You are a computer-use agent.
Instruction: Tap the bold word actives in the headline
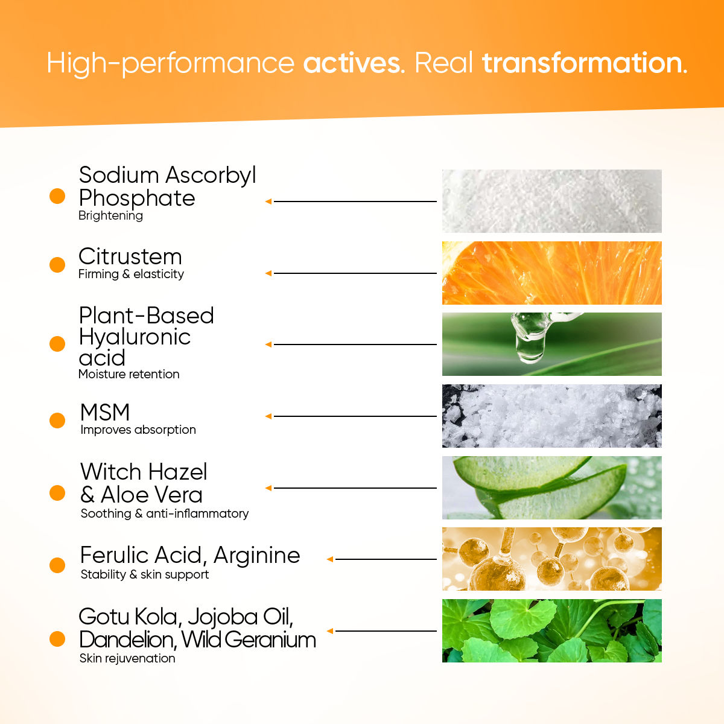coord(352,63)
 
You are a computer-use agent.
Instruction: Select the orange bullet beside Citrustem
coord(57,264)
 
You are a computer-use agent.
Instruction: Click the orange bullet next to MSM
coord(57,420)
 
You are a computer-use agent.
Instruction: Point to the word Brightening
coord(110,216)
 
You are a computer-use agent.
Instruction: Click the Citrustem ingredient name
coord(130,256)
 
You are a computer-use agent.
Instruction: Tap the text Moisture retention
coord(129,374)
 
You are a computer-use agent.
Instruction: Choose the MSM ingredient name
coord(105,412)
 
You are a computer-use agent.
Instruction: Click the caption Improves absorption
coord(138,430)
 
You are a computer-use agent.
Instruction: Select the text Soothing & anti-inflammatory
coord(165,513)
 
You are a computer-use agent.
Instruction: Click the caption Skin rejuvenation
coord(127,658)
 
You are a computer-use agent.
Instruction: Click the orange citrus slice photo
coord(551,273)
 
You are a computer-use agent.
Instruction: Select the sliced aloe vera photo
coord(551,487)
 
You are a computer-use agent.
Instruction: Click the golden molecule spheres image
coord(551,559)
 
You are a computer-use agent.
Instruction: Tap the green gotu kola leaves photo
coord(551,630)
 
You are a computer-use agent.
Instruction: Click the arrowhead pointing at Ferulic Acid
coord(330,559)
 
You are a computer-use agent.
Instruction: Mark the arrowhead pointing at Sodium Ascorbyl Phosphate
coord(268,202)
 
